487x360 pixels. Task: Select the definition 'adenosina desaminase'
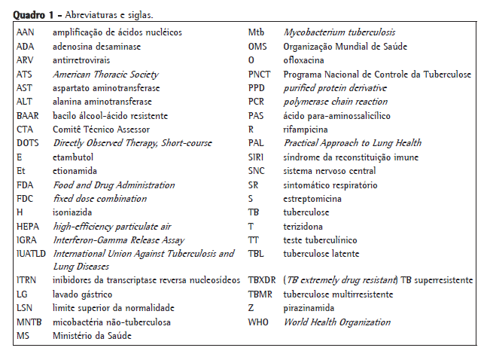[96, 47]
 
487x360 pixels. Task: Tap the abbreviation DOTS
[28, 143]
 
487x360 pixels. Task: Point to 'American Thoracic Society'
[105, 75]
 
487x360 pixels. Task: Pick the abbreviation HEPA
[28, 226]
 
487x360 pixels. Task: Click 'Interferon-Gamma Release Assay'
[119, 240]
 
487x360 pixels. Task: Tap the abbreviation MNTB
[29, 322]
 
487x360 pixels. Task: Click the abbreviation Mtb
[257, 32]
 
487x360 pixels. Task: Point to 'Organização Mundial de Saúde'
[345, 47]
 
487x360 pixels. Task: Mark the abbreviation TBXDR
[263, 280]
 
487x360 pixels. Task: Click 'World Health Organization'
[336, 322]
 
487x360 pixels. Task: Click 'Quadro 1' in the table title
[33, 14]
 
